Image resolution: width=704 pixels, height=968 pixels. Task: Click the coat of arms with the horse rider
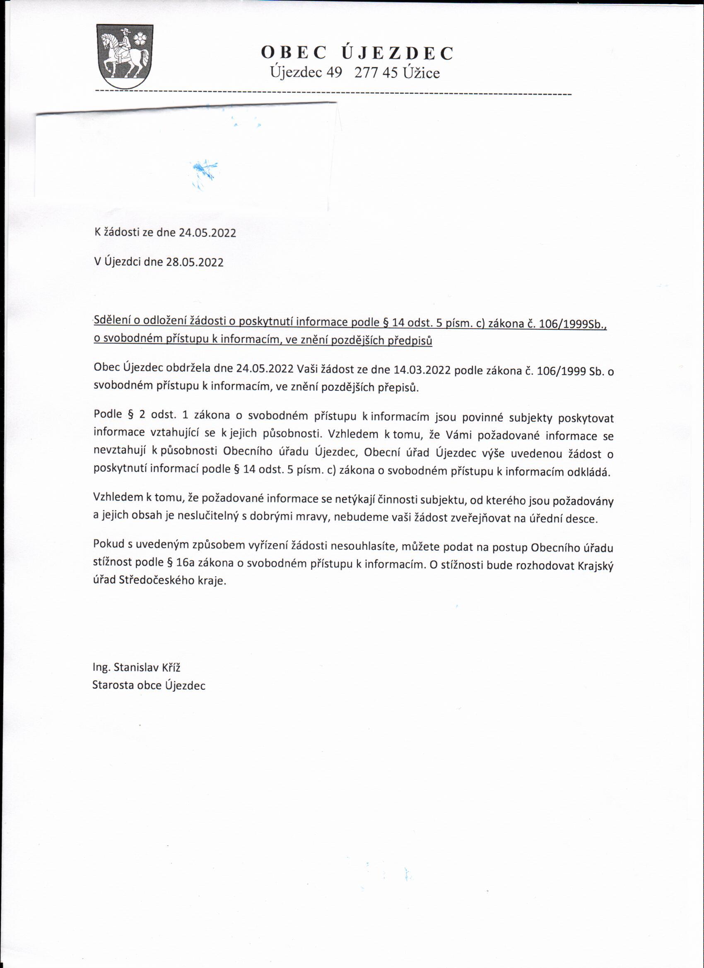[x=124, y=56]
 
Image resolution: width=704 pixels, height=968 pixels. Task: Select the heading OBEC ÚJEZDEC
[x=357, y=53]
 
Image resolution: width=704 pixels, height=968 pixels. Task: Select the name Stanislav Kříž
[x=147, y=667]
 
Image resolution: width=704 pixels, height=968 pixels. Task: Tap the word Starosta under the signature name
[x=113, y=686]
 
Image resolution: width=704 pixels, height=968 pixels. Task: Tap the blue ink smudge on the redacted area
[x=204, y=171]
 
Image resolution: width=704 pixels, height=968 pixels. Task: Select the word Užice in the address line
[x=421, y=73]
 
